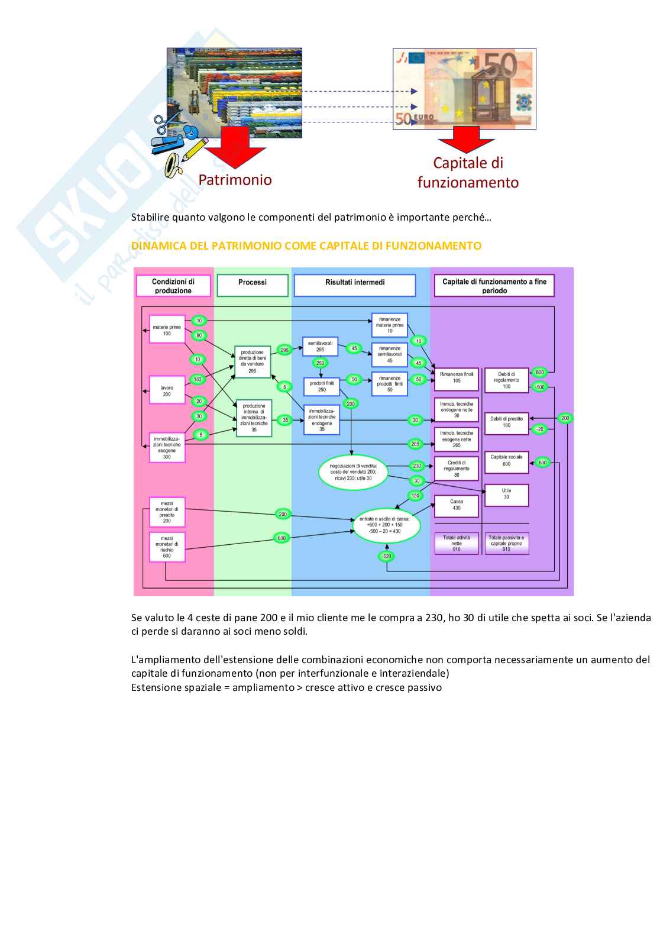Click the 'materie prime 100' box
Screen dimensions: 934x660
[x=167, y=329]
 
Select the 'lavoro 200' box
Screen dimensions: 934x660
[x=167, y=391]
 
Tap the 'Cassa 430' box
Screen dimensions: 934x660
[x=456, y=505]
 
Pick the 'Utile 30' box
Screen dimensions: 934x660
[x=506, y=494]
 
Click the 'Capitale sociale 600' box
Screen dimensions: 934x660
[x=506, y=461]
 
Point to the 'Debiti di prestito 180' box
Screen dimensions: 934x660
[x=506, y=422]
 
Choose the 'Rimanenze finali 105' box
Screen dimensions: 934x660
[x=456, y=377]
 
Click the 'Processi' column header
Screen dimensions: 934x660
[x=253, y=283]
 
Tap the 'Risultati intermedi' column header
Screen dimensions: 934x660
[x=355, y=283]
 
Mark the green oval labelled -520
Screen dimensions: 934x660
[x=387, y=556]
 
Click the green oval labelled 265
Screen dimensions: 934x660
[x=416, y=444]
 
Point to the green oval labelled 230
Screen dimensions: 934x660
[x=416, y=466]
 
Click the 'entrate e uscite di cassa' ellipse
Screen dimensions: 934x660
[x=384, y=524]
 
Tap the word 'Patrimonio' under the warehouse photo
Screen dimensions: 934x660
[x=235, y=180]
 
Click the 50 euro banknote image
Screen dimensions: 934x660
[x=464, y=89]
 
